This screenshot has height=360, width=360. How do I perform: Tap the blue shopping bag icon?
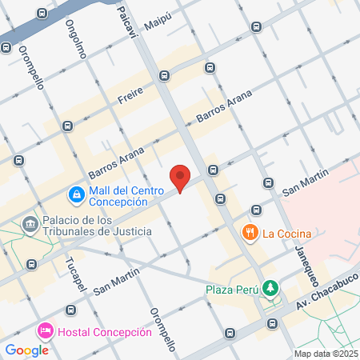[x=75, y=194]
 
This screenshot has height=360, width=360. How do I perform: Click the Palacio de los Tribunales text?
[x=85, y=226]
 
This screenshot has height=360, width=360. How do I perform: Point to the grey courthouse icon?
[x=30, y=223]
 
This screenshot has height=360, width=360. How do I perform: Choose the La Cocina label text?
[x=286, y=234]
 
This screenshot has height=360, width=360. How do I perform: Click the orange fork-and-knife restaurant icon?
[x=250, y=234]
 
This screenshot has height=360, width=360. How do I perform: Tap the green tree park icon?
[x=271, y=287]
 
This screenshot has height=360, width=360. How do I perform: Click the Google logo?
[x=26, y=350]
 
